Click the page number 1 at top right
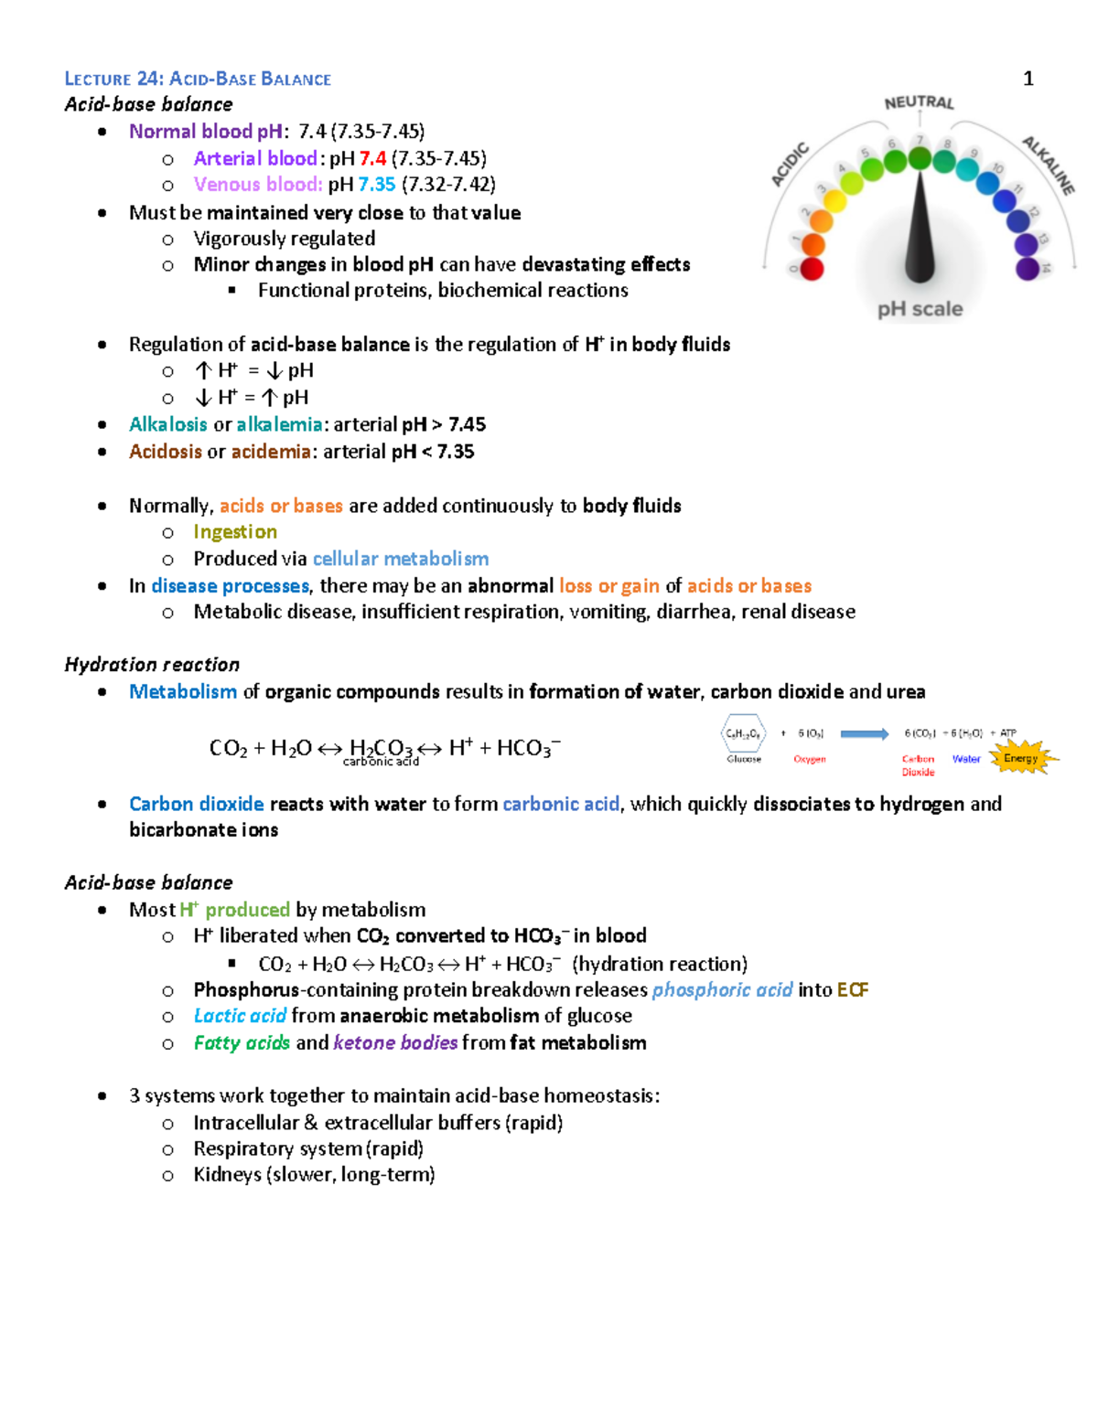click(1028, 79)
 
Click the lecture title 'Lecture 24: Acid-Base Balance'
click(198, 79)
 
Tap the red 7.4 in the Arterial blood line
click(372, 158)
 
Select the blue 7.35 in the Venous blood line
click(377, 185)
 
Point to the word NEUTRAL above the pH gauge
click(919, 102)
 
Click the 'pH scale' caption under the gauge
click(920, 309)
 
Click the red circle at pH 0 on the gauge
click(812, 269)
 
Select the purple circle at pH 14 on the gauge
click(1028, 269)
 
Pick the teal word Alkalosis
click(168, 424)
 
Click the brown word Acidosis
click(165, 452)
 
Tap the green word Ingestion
click(235, 532)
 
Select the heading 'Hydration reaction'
click(152, 665)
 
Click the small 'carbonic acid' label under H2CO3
click(381, 762)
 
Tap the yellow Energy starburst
click(1021, 758)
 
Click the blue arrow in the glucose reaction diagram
click(864, 733)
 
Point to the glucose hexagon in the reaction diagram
click(743, 733)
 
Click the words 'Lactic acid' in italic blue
click(240, 1016)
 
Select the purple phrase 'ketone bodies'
click(395, 1043)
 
